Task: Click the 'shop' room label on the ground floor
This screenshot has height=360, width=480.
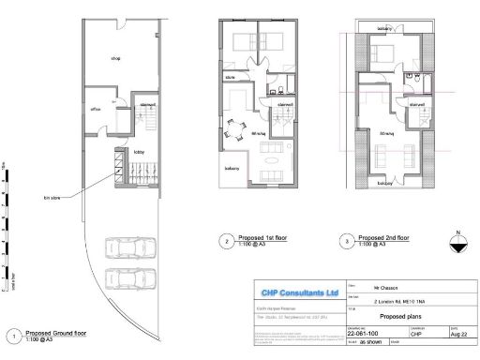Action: click(116, 58)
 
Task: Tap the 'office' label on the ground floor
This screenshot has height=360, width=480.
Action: click(96, 110)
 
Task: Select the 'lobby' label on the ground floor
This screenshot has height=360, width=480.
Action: click(138, 151)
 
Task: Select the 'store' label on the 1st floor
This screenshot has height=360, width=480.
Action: click(230, 77)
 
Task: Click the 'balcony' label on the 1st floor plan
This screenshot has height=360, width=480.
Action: click(231, 168)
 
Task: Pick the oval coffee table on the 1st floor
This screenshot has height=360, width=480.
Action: click(274, 169)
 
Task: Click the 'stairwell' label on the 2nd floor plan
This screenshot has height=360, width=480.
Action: click(417, 105)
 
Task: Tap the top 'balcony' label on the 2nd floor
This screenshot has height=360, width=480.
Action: click(384, 29)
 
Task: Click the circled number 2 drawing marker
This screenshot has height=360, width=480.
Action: click(225, 240)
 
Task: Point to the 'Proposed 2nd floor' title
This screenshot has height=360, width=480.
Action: click(384, 237)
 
